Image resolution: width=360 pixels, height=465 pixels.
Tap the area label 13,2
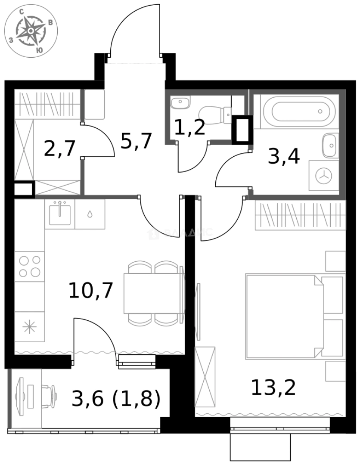pos(273,388)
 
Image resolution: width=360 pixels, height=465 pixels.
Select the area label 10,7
pos(90,291)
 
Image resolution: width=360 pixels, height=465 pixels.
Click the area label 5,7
pos(136,140)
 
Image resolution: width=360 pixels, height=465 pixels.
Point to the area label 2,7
pos(60,149)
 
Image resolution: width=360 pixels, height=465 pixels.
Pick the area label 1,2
pos(189,127)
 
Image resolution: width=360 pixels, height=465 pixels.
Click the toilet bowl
pos(215,114)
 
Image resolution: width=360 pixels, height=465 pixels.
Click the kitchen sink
pos(59,214)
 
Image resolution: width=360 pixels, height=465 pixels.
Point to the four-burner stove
pos(30,266)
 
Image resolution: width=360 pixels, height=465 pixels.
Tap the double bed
pos(284,316)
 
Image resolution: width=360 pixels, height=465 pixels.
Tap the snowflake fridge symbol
pos(29,327)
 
